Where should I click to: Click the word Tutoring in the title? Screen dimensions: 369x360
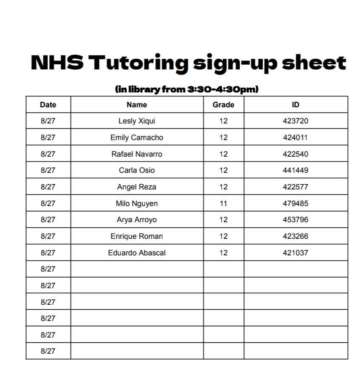(138, 63)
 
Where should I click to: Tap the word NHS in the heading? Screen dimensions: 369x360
(57, 63)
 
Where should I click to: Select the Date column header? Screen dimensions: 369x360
(48, 105)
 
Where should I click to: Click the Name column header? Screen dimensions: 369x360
(136, 105)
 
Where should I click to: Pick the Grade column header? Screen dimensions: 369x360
(223, 105)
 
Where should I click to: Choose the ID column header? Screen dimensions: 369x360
(295, 105)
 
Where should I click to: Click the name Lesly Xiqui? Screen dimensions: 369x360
(136, 121)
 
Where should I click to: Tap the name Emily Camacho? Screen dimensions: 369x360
(136, 137)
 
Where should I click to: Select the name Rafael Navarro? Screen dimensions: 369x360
(136, 154)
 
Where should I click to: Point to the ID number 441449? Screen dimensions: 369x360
(295, 170)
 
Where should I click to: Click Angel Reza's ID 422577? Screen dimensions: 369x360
(295, 187)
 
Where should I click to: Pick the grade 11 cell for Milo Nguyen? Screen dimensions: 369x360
(223, 203)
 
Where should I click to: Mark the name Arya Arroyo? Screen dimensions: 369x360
(136, 220)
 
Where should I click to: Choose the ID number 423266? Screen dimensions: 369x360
(295, 236)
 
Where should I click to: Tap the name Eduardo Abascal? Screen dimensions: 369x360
(136, 253)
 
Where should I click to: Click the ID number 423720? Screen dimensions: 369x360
(295, 121)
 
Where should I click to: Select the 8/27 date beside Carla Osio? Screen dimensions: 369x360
(48, 170)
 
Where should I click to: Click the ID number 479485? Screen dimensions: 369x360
(295, 203)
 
